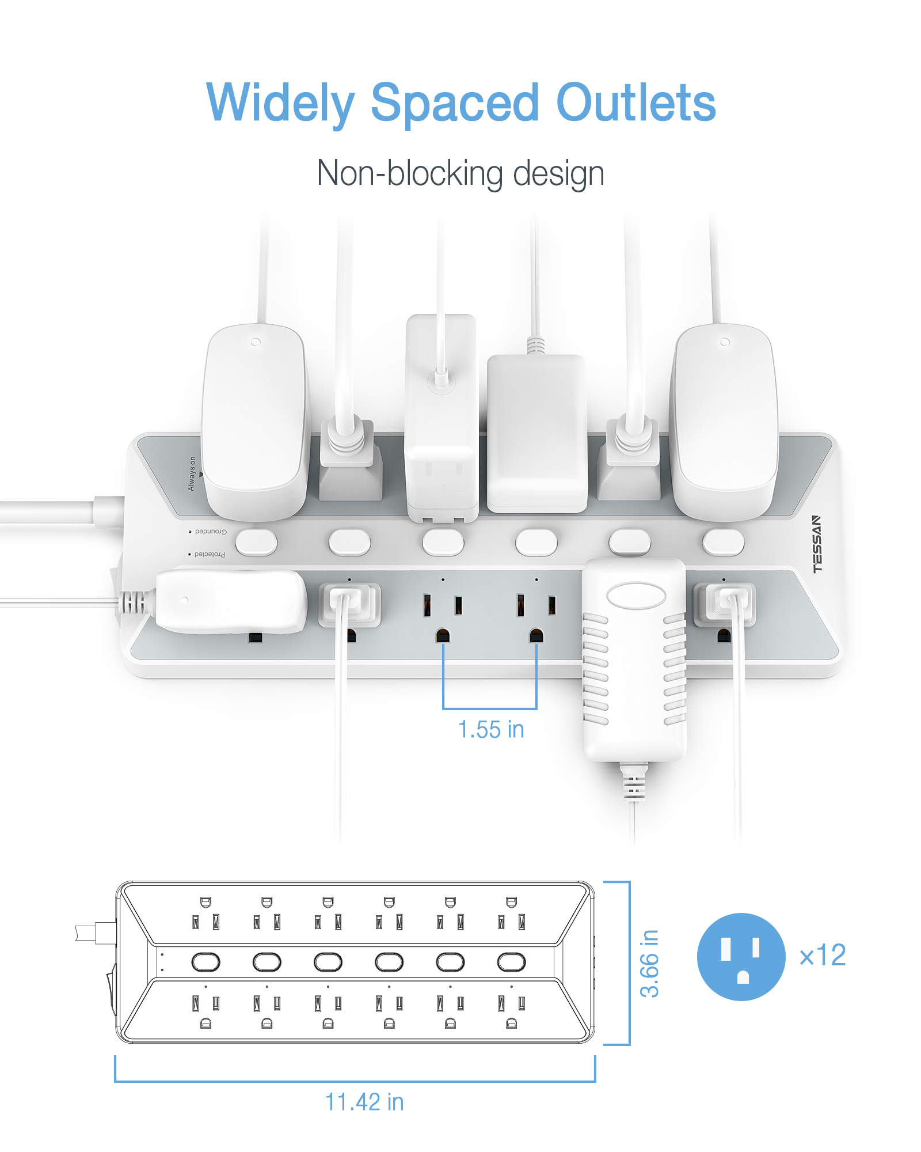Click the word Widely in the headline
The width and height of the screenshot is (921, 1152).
pyautogui.click(x=280, y=104)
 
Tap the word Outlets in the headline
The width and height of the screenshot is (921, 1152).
pyautogui.click(x=635, y=104)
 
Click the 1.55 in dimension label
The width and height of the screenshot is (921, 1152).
pyautogui.click(x=490, y=730)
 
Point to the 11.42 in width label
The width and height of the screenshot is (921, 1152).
pyautogui.click(x=364, y=1102)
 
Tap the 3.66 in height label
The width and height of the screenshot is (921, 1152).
pyautogui.click(x=649, y=963)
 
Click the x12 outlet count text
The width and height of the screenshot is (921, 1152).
pyautogui.click(x=823, y=956)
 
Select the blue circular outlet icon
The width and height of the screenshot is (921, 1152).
pyautogui.click(x=741, y=957)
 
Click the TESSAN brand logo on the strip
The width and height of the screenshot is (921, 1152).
pyautogui.click(x=817, y=544)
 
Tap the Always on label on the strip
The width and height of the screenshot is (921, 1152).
pyautogui.click(x=192, y=473)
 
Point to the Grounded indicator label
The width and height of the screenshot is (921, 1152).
pyautogui.click(x=210, y=531)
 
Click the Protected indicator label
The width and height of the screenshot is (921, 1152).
pyautogui.click(x=209, y=554)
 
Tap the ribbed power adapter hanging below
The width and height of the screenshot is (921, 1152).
pyautogui.click(x=634, y=662)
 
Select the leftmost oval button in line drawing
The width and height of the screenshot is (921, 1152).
pyautogui.click(x=205, y=962)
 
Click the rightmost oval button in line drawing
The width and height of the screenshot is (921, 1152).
pyautogui.click(x=511, y=962)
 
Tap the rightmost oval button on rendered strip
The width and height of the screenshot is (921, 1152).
pyautogui.click(x=723, y=542)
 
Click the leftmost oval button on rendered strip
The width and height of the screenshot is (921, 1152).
pyautogui.click(x=256, y=542)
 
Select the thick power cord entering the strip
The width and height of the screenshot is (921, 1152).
pyautogui.click(x=52, y=511)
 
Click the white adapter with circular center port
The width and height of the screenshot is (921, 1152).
pyautogui.click(x=442, y=415)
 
